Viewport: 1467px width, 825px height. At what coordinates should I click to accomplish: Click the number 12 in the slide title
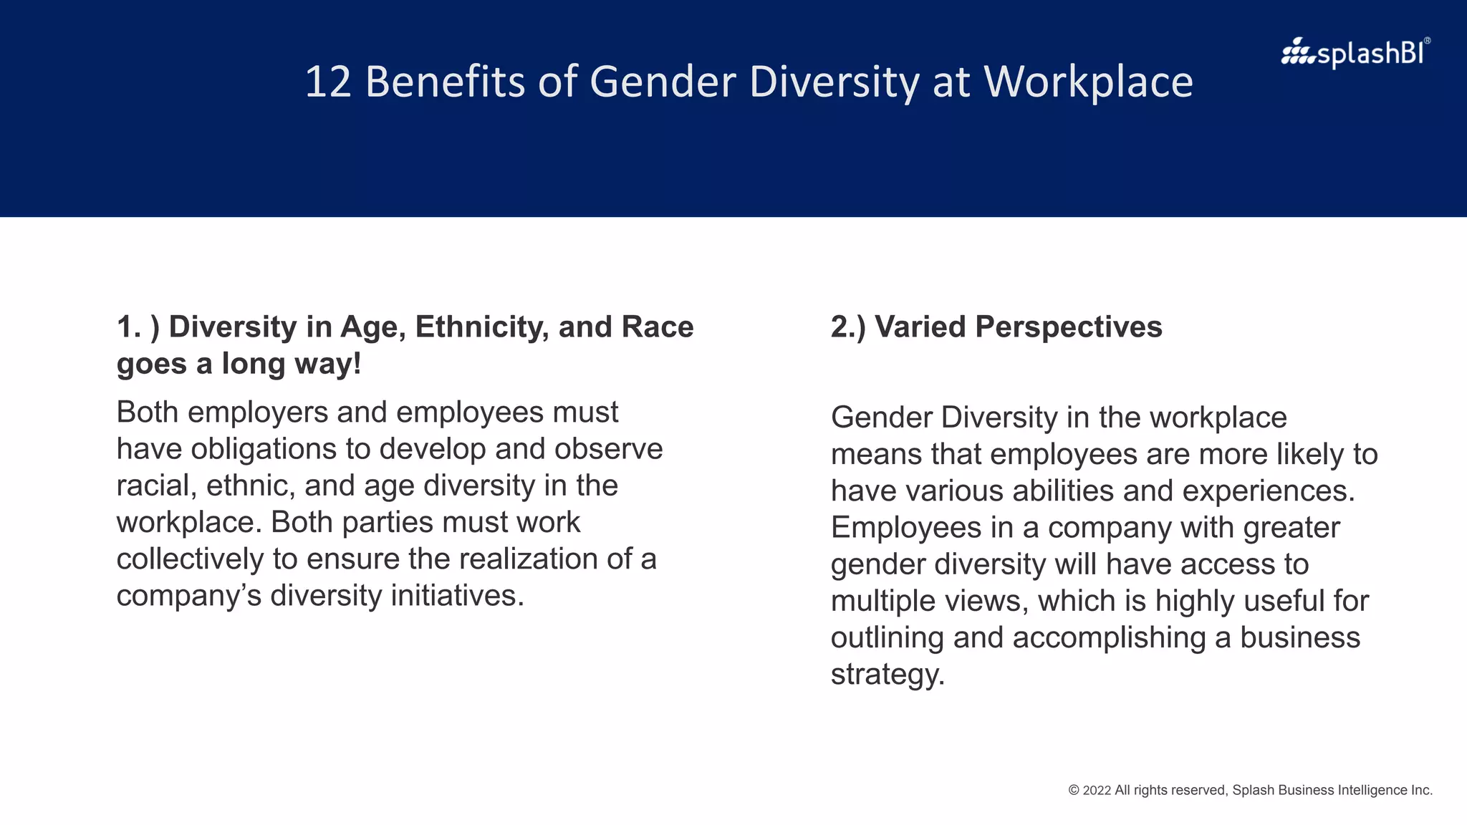click(x=328, y=82)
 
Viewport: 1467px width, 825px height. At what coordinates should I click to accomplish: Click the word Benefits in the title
click(x=446, y=82)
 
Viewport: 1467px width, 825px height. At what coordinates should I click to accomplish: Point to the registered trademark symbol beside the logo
click(x=1427, y=41)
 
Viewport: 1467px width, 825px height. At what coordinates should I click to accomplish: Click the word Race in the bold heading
click(x=658, y=327)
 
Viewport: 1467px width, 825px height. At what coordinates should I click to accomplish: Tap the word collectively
click(x=190, y=559)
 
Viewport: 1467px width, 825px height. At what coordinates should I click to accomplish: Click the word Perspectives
click(x=1068, y=327)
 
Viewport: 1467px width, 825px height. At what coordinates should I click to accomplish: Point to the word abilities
click(x=1063, y=491)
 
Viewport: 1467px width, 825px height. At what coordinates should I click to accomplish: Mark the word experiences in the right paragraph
click(x=1268, y=491)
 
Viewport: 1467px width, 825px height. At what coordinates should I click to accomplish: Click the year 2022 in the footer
click(x=1097, y=791)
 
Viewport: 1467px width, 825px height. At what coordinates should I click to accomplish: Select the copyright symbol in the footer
click(x=1074, y=791)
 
